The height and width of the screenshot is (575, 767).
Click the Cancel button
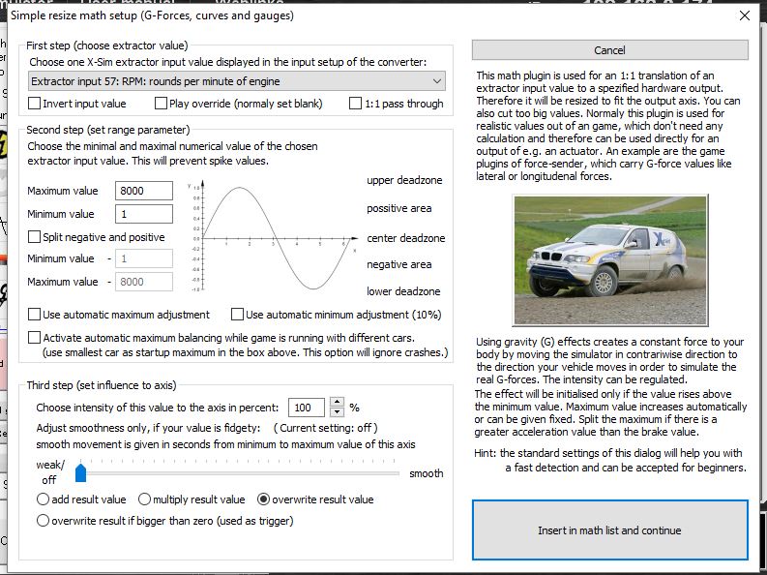click(x=609, y=50)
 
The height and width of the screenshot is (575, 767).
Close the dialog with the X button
click(x=744, y=16)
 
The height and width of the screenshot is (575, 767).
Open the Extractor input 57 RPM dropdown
click(x=237, y=81)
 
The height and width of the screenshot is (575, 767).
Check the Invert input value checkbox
click(x=36, y=104)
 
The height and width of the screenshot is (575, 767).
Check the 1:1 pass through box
click(x=356, y=104)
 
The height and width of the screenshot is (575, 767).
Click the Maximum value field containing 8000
click(x=144, y=191)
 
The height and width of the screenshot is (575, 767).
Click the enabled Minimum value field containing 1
click(x=144, y=214)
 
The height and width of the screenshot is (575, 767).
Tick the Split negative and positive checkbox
click(x=36, y=237)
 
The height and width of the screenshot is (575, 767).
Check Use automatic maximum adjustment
click(x=36, y=315)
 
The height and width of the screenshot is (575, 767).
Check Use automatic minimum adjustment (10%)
click(x=238, y=315)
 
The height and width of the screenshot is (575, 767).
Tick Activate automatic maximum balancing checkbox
click(x=36, y=338)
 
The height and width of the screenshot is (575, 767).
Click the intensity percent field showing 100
click(x=307, y=408)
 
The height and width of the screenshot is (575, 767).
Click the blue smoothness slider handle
click(x=81, y=472)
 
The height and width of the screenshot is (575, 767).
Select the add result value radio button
click(x=43, y=499)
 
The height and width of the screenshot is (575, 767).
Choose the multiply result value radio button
click(x=145, y=499)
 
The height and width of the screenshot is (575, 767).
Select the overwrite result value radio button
click(x=264, y=499)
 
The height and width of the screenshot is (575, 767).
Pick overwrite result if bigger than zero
click(x=43, y=521)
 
